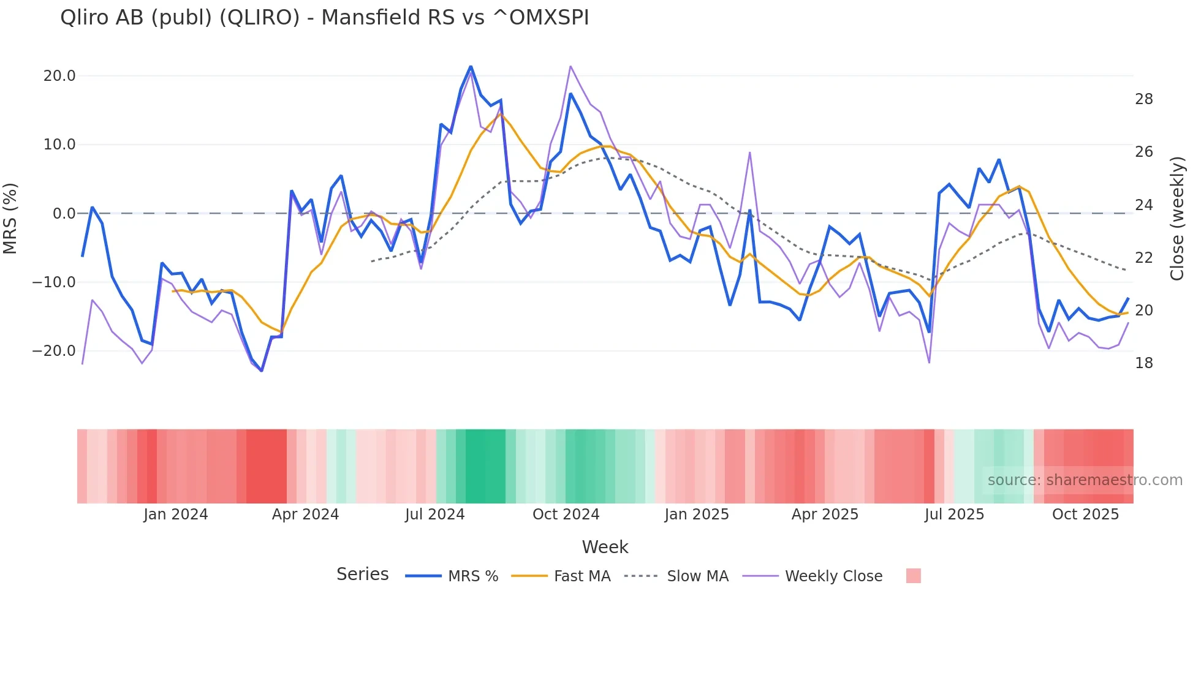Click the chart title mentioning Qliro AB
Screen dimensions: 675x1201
(324, 18)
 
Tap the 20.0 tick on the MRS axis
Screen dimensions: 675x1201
(59, 76)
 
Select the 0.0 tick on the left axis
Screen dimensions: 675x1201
(64, 214)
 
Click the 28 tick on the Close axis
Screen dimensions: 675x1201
(1143, 99)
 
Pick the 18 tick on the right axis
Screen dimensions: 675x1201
(1143, 363)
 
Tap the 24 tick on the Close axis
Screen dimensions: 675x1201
(1143, 205)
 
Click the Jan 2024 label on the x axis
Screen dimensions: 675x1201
(176, 515)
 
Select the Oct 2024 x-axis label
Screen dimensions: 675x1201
(566, 515)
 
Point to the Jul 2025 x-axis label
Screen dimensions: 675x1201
(954, 515)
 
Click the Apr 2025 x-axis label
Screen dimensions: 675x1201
(825, 515)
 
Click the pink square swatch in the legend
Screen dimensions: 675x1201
(913, 576)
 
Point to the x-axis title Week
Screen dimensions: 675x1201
(605, 547)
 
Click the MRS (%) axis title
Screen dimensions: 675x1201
(10, 219)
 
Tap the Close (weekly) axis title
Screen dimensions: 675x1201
(1176, 219)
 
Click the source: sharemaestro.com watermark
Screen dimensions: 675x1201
(1085, 480)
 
